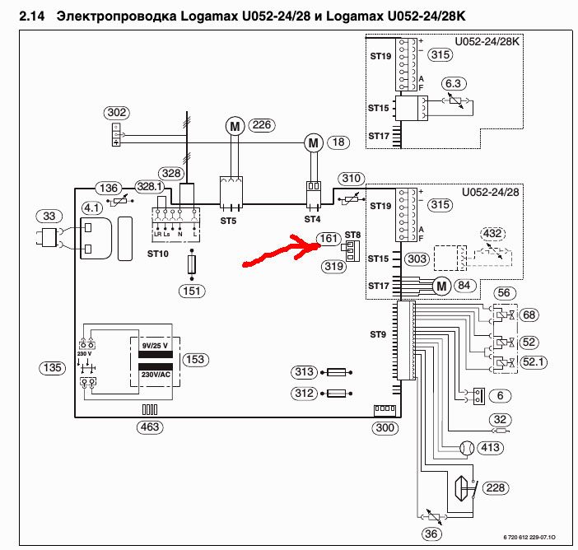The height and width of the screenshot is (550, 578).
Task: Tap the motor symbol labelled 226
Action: (x=234, y=125)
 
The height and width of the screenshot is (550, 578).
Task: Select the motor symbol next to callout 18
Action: (x=312, y=143)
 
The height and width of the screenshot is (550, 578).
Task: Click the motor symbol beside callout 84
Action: (x=441, y=286)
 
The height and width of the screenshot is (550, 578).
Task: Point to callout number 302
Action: (x=116, y=112)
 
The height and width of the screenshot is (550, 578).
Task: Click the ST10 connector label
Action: (x=158, y=254)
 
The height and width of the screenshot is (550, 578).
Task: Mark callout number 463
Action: (x=150, y=427)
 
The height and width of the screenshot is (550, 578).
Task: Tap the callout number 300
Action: (x=384, y=427)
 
